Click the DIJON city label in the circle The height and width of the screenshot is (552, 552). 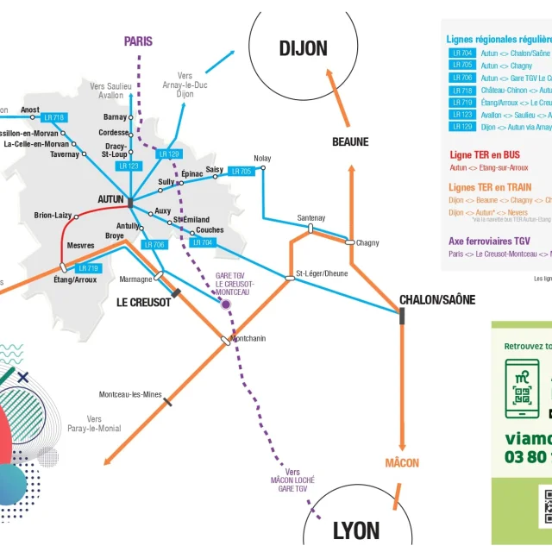point(303,48)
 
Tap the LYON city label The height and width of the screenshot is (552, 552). point(356,530)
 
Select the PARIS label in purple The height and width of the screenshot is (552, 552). point(138,41)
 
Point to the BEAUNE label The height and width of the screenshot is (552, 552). point(350,142)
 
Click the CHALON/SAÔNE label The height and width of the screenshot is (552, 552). point(437,299)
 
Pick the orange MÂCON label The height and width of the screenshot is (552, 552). point(402,463)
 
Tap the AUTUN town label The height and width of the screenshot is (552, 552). point(110,199)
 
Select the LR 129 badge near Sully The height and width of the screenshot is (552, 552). point(169,154)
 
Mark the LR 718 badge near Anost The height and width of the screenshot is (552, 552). point(53,117)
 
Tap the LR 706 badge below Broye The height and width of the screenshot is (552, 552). point(154,245)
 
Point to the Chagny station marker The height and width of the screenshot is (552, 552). point(349,242)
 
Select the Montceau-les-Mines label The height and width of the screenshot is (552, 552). point(130,394)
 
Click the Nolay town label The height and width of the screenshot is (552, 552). point(262,158)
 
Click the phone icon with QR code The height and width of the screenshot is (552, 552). point(522,384)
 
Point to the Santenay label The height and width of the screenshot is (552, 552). point(310,218)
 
